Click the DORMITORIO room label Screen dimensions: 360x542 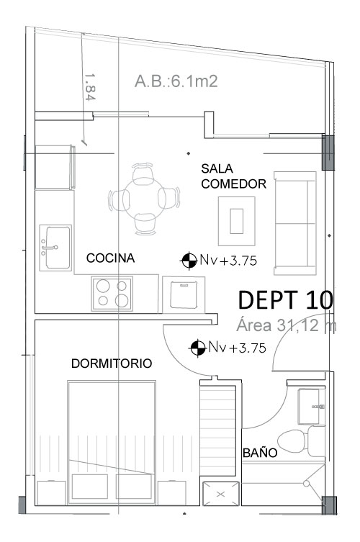coord(112,363)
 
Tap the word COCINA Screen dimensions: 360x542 coord(110,258)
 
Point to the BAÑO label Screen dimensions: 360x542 coord(260,452)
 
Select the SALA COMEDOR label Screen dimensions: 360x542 coord(233,176)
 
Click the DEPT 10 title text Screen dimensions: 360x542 coord(286,299)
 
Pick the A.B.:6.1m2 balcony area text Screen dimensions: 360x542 coord(176,81)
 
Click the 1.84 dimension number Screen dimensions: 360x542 coord(90,87)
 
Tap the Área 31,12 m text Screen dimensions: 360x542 coord(286,325)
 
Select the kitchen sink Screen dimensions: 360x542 coord(55,248)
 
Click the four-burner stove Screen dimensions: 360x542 coord(112,293)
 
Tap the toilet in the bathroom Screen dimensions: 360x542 coord(300,441)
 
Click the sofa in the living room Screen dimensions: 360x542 coord(295,223)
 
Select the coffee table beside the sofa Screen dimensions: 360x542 coord(237,221)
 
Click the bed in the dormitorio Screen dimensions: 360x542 coord(112,442)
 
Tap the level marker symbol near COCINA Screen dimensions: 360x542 coord(189,261)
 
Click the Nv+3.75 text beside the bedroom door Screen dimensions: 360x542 coord(237,348)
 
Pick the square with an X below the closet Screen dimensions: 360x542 coord(220,494)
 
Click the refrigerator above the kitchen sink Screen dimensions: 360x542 coord(55,167)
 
